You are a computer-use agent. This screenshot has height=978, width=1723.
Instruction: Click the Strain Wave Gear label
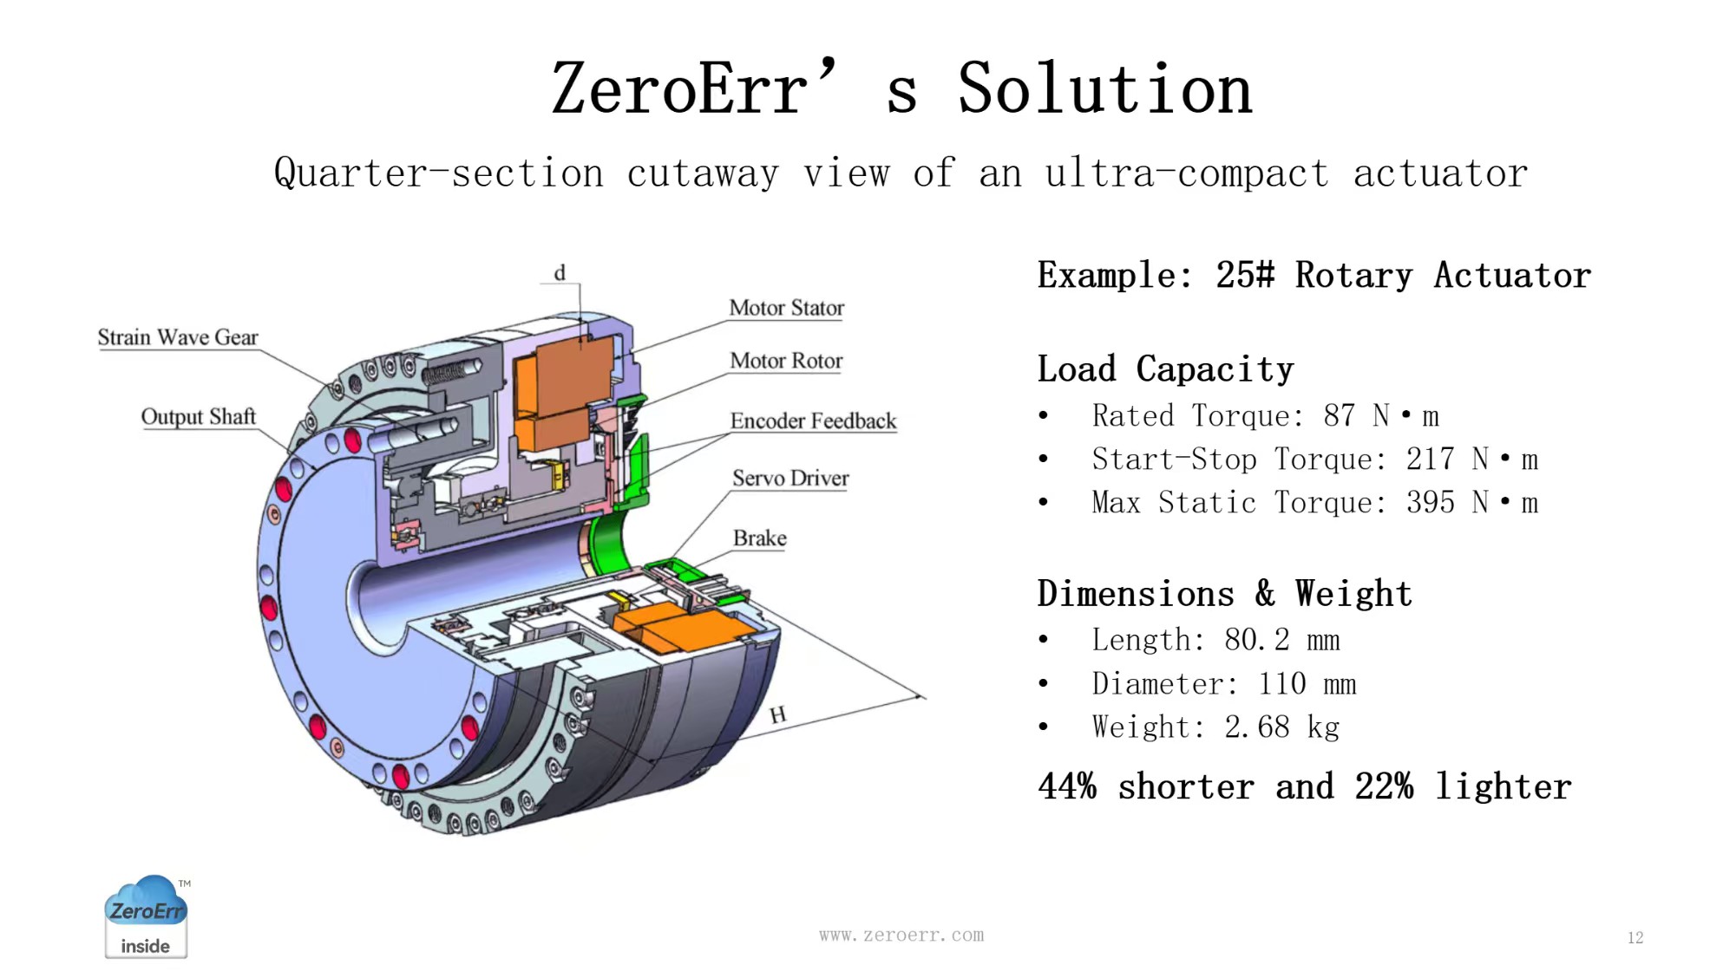coord(178,337)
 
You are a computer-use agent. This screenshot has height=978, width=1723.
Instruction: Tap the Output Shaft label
coord(199,417)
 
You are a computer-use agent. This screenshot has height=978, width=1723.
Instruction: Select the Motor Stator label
coord(787,308)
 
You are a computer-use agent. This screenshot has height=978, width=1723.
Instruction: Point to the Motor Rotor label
coord(787,361)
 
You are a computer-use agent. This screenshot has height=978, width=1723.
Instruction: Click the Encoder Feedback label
coord(813,421)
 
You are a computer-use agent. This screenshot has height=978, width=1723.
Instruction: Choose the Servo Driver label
coord(790,479)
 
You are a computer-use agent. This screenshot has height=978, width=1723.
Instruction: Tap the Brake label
coord(760,538)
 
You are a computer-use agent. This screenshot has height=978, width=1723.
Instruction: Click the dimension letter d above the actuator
coord(560,273)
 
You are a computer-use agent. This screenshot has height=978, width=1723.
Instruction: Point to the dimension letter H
coord(778,715)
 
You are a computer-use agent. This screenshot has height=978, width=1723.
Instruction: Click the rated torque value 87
coord(1340,416)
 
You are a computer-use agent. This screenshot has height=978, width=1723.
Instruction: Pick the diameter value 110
coord(1282,684)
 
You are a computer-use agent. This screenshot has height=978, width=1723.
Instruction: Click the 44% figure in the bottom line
coord(1068,787)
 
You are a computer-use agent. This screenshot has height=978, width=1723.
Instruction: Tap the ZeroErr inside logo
coord(146,916)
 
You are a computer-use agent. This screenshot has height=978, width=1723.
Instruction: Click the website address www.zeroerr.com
coord(901,936)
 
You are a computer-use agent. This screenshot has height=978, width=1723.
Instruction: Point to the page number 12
coord(1635,938)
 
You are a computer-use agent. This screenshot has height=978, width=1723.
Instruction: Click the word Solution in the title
coord(1105,89)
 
